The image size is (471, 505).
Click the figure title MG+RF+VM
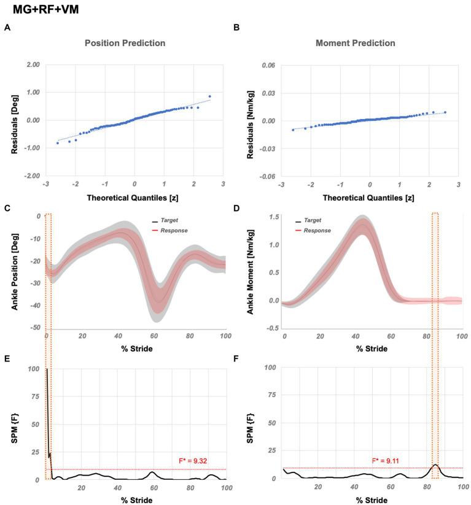tap(44, 10)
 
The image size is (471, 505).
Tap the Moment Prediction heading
tap(355, 44)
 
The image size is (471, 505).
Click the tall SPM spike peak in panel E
tap(47, 369)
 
